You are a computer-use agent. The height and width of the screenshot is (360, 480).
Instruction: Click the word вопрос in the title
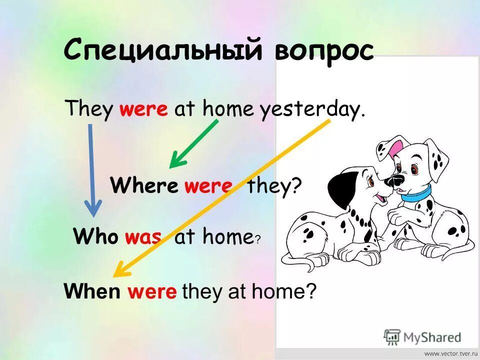tap(324, 51)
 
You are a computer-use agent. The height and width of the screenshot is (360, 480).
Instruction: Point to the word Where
tap(144, 186)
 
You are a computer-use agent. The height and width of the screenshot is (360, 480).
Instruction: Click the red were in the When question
tap(152, 291)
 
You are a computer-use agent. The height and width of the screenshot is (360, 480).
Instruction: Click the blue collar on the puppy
tap(416, 193)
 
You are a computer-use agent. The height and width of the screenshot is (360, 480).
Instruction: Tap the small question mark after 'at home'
tap(257, 239)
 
